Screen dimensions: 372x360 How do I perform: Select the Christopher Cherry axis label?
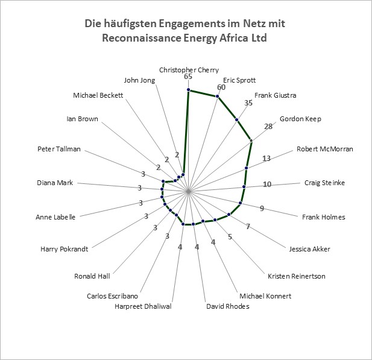[x=189, y=70]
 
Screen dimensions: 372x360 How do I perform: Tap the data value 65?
[x=188, y=77]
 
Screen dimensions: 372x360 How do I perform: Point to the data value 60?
[x=221, y=87]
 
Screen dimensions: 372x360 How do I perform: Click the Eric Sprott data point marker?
[x=217, y=96]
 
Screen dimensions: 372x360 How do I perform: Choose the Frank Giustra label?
[x=275, y=95]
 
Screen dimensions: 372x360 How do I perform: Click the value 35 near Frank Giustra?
[x=248, y=103]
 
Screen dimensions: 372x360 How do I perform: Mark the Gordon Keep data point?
[x=251, y=141]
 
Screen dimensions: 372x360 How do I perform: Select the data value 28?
[x=268, y=127]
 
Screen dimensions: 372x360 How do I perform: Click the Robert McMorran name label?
[x=325, y=149]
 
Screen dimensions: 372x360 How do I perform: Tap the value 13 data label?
[x=266, y=158]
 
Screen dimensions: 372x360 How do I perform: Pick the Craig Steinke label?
[x=324, y=183]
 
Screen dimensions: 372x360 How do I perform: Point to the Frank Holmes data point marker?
[x=241, y=203]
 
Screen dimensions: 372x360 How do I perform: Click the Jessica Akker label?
[x=309, y=249]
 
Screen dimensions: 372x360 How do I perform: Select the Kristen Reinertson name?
[x=296, y=276]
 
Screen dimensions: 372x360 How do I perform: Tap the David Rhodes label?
[x=228, y=306]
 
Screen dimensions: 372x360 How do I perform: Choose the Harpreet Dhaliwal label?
[x=143, y=306]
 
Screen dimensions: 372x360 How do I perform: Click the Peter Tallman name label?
[x=59, y=149]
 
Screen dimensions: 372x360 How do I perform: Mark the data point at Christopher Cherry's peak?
[x=188, y=89]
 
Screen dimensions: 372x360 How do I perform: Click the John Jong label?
[x=139, y=80]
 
